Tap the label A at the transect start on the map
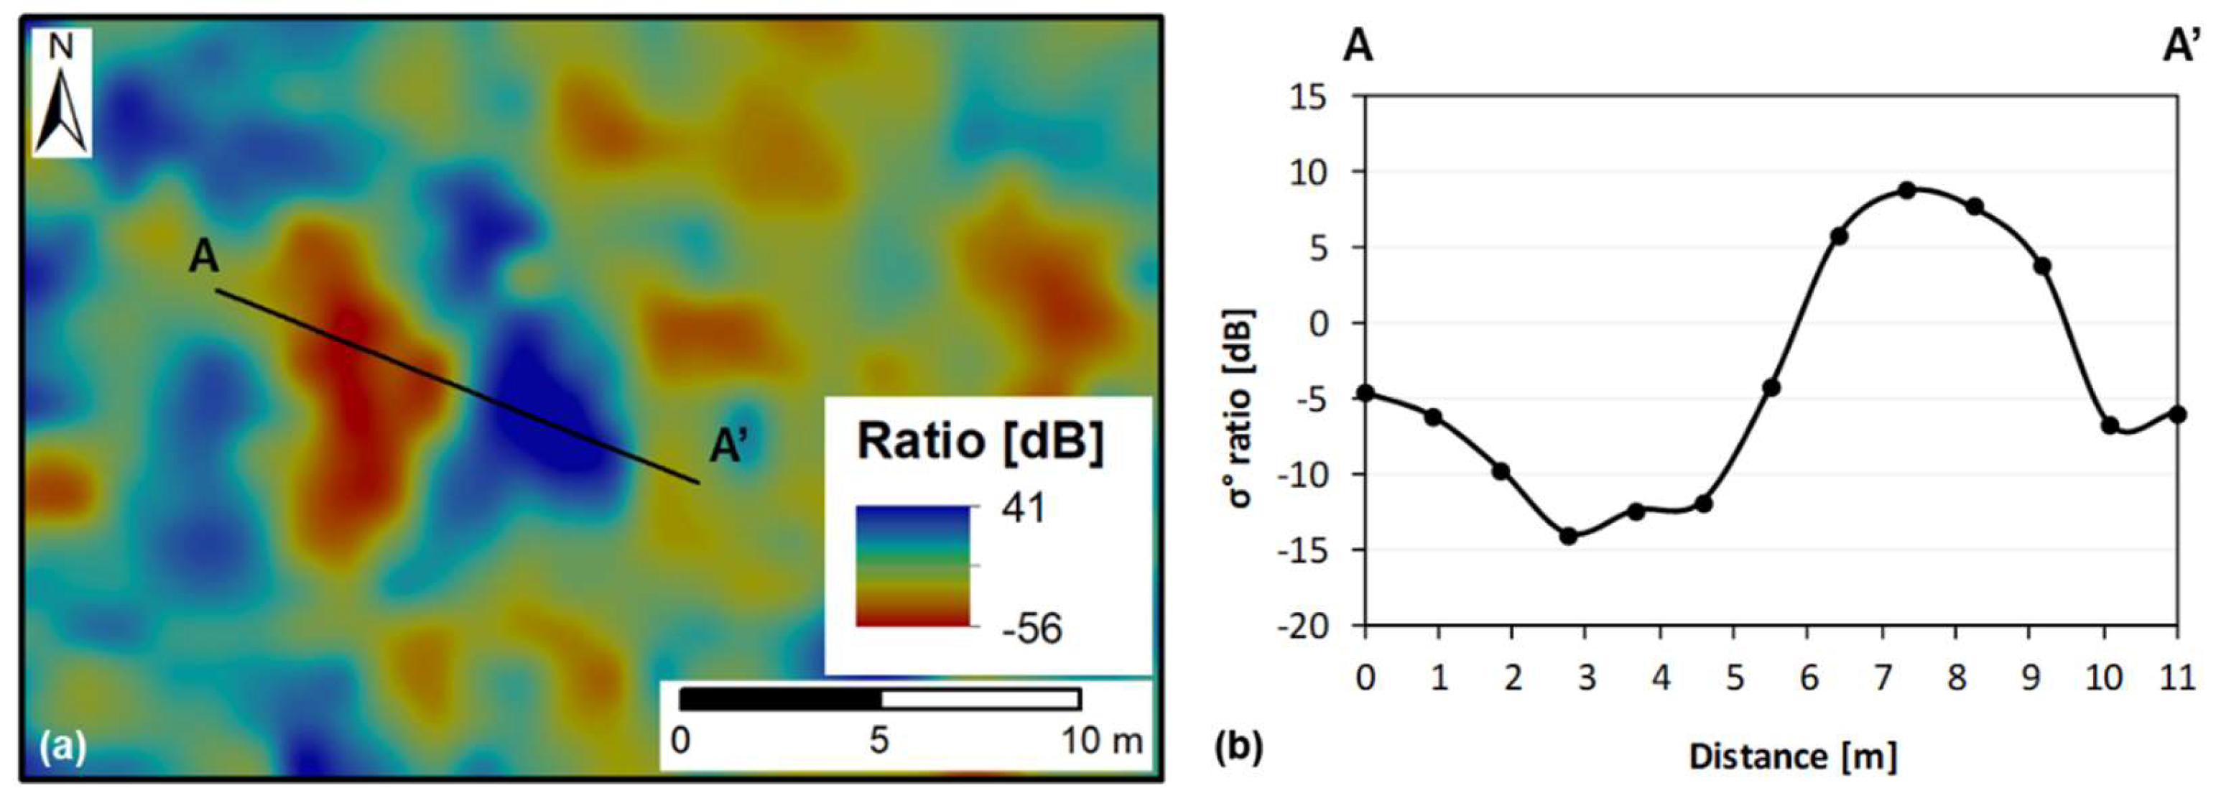[x=203, y=257]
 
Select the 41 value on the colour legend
[x=1024, y=509]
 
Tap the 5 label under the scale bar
[x=878, y=741]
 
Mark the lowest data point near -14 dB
[x=1568, y=536]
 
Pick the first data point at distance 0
[x=1365, y=393]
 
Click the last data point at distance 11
[x=2178, y=414]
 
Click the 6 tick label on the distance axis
[x=1809, y=678]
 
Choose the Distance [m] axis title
[x=1794, y=757]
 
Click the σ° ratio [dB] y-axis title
[x=1241, y=409]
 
